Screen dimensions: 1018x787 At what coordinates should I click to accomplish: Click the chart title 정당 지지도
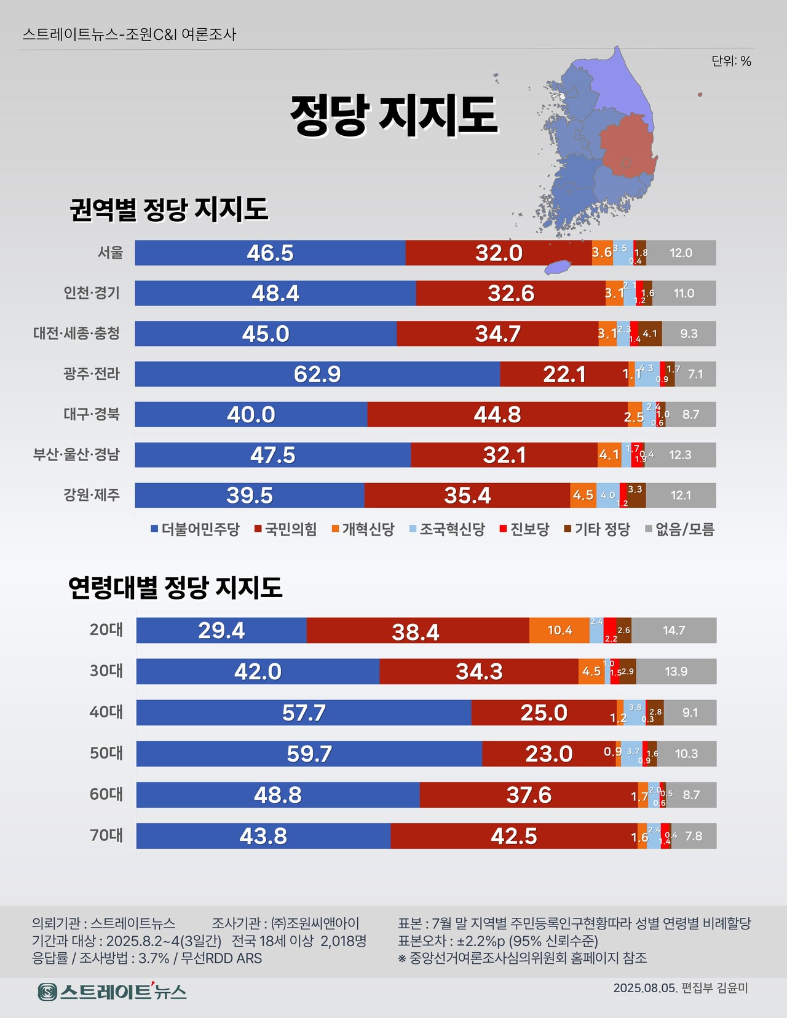tap(393, 116)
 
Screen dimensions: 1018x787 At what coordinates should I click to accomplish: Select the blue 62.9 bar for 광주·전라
tap(317, 374)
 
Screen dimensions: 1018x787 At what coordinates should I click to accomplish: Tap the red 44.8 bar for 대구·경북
tap(497, 414)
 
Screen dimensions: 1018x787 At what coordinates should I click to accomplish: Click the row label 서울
tap(111, 253)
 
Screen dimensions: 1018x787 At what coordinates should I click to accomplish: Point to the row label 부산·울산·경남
tap(76, 455)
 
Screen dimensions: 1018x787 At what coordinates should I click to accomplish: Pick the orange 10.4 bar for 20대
tap(559, 630)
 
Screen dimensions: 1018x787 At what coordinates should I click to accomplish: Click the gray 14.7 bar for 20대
tap(673, 630)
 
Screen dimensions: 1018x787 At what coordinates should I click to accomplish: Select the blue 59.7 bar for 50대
tap(309, 754)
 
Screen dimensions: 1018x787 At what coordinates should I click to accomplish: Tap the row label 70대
tap(106, 835)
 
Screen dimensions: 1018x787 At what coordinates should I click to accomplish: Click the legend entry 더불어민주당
tap(195, 529)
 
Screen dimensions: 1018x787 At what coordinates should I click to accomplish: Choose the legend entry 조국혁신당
tap(447, 529)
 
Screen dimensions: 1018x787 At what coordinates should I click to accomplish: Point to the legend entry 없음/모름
tap(680, 529)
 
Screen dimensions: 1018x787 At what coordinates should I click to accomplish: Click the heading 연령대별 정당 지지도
tap(175, 588)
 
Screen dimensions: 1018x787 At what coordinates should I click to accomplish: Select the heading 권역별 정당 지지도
tap(169, 210)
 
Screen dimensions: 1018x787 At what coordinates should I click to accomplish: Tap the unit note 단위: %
tap(731, 61)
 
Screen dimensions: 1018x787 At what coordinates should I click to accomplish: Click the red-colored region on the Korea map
tap(627, 148)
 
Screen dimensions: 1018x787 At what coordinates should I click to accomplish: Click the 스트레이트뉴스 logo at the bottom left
tap(112, 992)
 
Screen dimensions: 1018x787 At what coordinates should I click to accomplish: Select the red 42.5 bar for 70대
tap(513, 836)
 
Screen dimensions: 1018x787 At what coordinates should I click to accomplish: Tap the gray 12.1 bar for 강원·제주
tap(681, 495)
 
